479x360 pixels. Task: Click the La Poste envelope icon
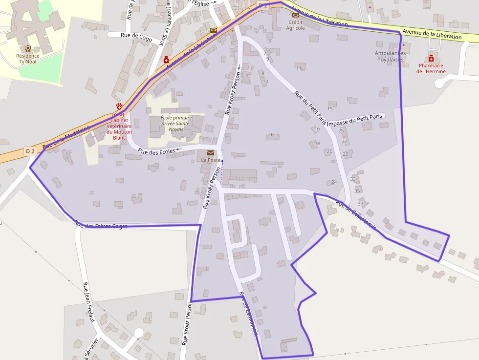pyautogui.click(x=211, y=153)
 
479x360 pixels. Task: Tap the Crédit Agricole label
pyautogui.click(x=296, y=25)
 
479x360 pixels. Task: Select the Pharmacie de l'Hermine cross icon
pyautogui.click(x=431, y=58)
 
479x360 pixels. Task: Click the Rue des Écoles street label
pyautogui.click(x=156, y=151)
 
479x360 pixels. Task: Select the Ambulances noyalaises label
pyautogui.click(x=390, y=56)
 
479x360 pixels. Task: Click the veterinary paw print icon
pyautogui.click(x=119, y=106)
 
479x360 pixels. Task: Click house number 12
pyautogui.click(x=273, y=134)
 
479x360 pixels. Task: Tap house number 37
pyautogui.click(x=361, y=203)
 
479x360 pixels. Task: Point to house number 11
pyautogui.click(x=299, y=67)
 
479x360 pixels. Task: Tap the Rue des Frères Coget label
pyautogui.click(x=101, y=225)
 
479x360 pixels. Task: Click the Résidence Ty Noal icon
pyautogui.click(x=28, y=48)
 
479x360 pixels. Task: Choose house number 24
pyautogui.click(x=334, y=182)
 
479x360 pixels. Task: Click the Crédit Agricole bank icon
pyautogui.click(x=296, y=15)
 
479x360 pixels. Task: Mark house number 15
pyautogui.click(x=330, y=108)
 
